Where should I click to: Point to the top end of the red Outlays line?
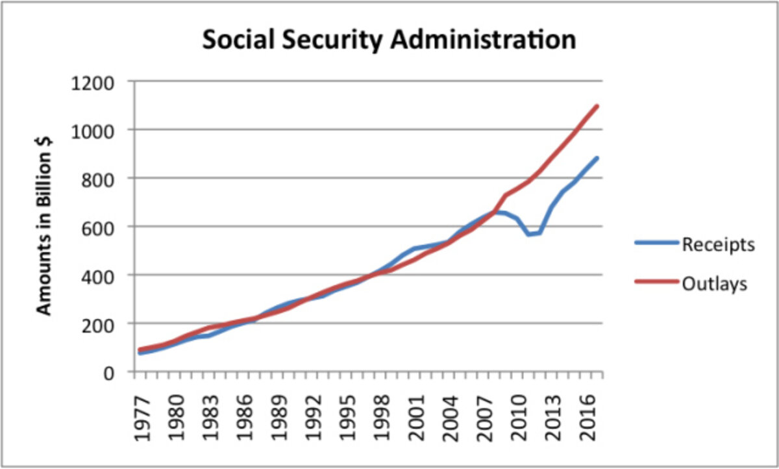coord(597,106)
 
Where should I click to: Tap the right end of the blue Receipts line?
coord(597,158)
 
